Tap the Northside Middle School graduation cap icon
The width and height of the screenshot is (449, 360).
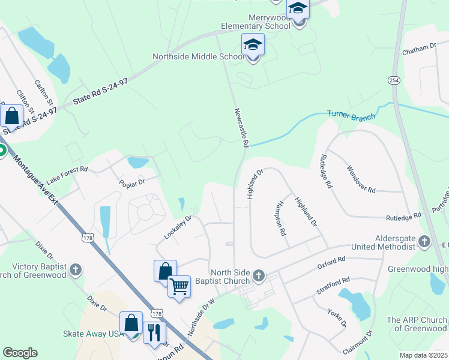[x=253, y=46]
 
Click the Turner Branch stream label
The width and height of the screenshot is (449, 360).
[x=351, y=115]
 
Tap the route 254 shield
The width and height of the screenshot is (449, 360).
[x=394, y=80]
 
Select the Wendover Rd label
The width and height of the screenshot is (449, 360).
[x=361, y=179]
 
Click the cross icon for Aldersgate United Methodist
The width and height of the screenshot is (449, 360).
[x=425, y=241]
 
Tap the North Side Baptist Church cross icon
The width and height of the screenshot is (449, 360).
[x=259, y=276]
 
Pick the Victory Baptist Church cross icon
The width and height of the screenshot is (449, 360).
[x=76, y=270]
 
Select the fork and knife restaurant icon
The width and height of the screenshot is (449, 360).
[x=155, y=332]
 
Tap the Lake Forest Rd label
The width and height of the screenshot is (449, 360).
[x=67, y=175]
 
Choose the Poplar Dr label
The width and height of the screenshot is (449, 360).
[x=132, y=182]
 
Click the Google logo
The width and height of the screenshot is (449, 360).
[x=20, y=353]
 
